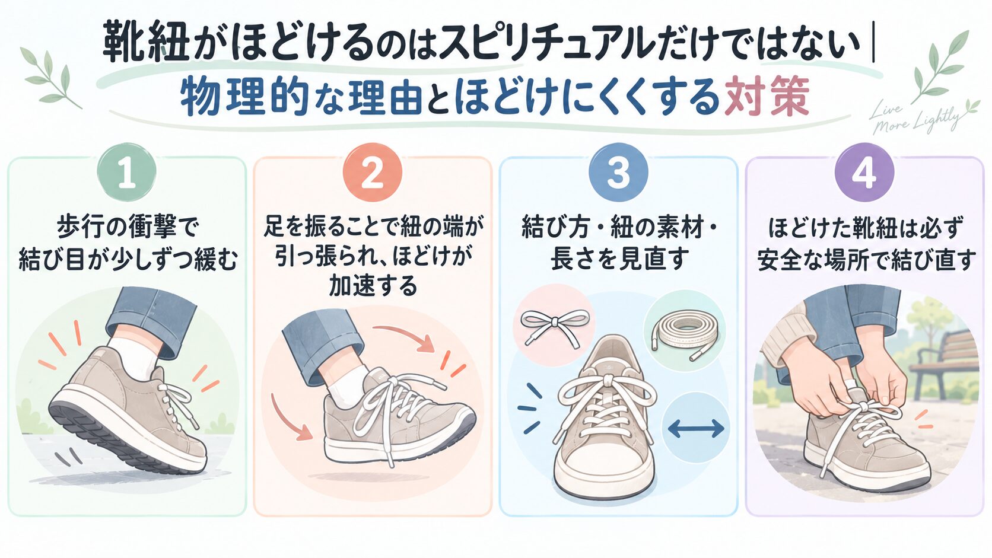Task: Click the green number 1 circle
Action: pyautogui.click(x=126, y=172)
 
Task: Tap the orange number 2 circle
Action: pyautogui.click(x=373, y=172)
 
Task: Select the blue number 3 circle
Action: pyautogui.click(x=618, y=172)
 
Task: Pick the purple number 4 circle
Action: pyautogui.click(x=864, y=172)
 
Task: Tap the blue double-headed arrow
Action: pyautogui.click(x=696, y=428)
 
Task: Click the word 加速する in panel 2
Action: pyautogui.click(x=373, y=286)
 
